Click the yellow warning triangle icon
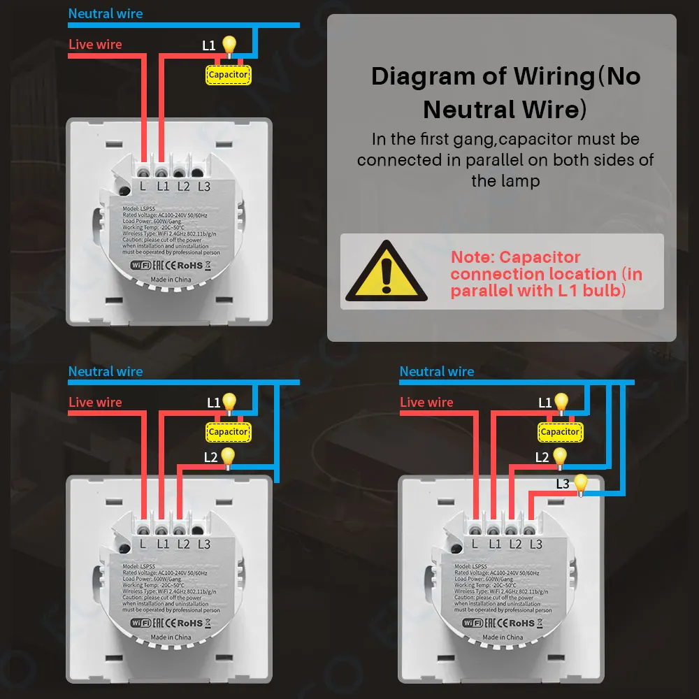coord(386,271)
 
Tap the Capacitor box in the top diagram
coord(228,75)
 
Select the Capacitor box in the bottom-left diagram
coord(228,432)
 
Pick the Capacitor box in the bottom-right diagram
coord(559,432)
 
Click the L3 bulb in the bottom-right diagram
coord(579,483)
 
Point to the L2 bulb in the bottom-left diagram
coord(228,456)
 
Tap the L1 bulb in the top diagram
coord(229,45)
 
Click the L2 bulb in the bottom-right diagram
coord(559,456)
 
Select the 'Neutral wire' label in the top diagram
coord(106,13)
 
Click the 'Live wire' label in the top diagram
coord(95,45)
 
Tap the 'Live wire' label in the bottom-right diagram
coord(426,403)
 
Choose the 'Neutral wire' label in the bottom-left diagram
coord(106,372)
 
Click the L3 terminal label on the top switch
coord(204,186)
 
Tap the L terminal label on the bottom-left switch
coord(143,544)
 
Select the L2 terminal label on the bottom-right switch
coord(515,544)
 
